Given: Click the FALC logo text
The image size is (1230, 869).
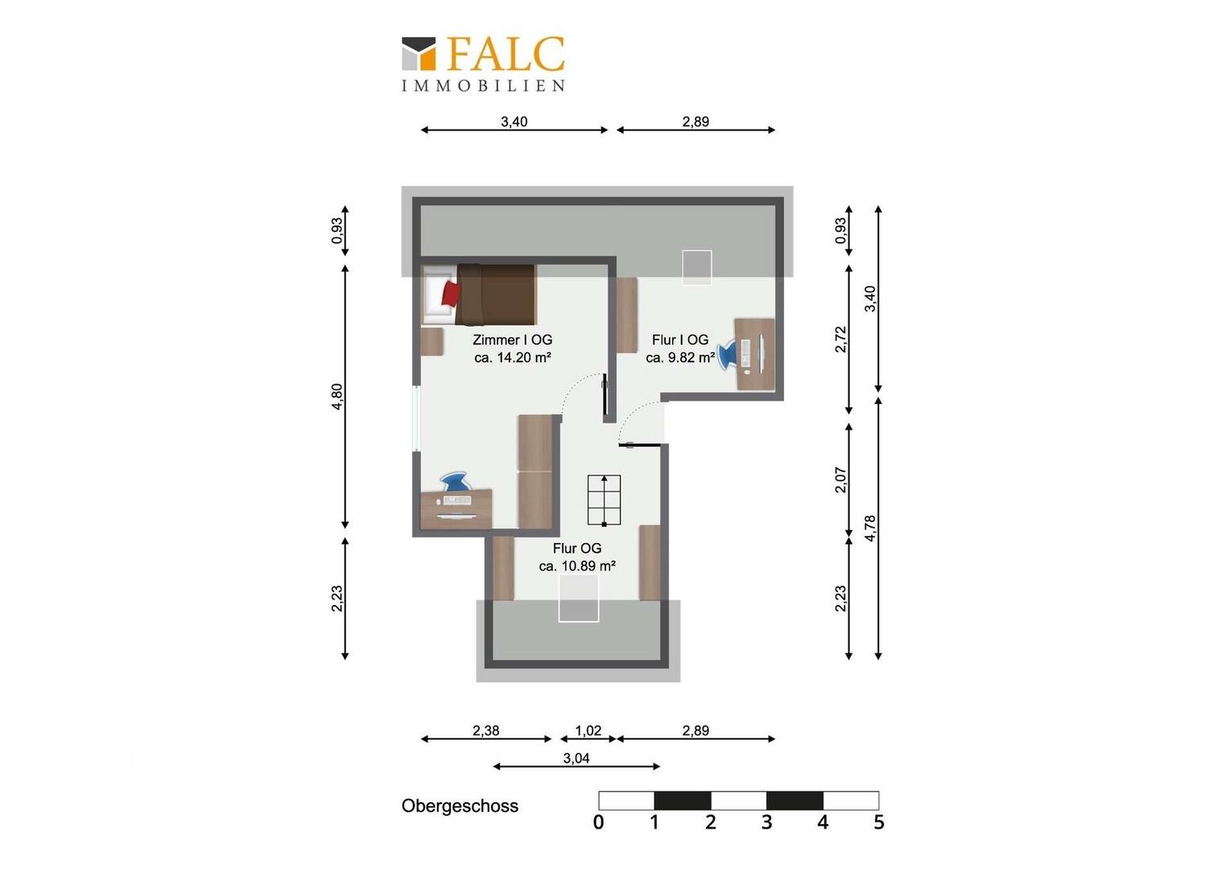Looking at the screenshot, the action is coord(506,54).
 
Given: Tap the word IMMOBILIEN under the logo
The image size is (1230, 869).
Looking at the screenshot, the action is coord(483,85).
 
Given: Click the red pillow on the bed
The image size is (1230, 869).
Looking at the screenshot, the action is coord(450,294).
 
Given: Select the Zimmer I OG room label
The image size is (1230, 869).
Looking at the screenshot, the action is coord(512,340).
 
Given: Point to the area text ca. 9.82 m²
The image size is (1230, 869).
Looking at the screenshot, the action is coord(680,357).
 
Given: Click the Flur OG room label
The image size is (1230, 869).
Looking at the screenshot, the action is coord(577,548).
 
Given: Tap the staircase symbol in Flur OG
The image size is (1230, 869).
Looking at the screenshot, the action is coord(604,500).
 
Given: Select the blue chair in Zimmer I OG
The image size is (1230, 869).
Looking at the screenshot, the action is coord(456,481).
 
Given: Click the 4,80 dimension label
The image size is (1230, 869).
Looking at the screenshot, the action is coord(337,397).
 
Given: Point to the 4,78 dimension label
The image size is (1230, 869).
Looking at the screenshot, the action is coord(870,528).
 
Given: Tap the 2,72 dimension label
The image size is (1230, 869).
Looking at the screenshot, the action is coord(840,340).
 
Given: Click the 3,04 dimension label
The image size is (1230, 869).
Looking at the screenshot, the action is coord(576,758).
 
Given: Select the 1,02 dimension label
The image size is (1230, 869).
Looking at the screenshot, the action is coord(588,731).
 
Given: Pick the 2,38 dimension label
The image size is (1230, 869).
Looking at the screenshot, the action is coord(486,731).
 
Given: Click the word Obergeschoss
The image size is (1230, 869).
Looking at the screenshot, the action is coord(460,806).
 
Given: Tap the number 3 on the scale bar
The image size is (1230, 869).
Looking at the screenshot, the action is coord(766,822).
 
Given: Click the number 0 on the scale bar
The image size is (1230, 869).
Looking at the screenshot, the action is coord(599,822).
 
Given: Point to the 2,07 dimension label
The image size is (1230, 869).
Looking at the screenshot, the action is coord(840,480).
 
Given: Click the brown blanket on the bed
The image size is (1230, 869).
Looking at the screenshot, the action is coord(496,294).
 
